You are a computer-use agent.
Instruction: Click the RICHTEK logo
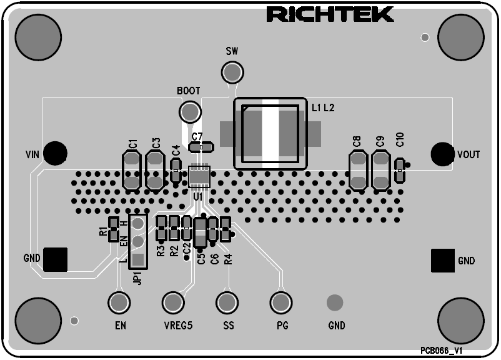point(330,14)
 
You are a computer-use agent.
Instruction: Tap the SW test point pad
point(232,73)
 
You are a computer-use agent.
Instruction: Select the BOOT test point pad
point(189,112)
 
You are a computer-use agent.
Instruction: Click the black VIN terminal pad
point(56,152)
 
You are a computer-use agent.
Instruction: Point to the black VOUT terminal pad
point(442,153)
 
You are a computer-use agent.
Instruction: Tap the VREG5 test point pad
point(173,303)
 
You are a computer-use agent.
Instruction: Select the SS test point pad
point(227,303)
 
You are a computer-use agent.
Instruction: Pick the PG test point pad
point(282,303)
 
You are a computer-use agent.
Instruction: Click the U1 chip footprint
point(200,176)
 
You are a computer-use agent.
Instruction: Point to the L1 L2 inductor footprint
point(270,133)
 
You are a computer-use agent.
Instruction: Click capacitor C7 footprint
point(201,147)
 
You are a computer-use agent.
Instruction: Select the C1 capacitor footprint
point(132,171)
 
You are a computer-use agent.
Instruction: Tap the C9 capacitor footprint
point(380,171)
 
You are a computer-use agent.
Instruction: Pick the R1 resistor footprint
point(113,229)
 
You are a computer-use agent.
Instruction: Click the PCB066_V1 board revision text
point(445,351)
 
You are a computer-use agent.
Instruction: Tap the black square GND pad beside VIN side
point(55,259)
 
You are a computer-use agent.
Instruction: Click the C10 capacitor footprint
point(399,169)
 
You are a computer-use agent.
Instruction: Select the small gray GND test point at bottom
point(335,303)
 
